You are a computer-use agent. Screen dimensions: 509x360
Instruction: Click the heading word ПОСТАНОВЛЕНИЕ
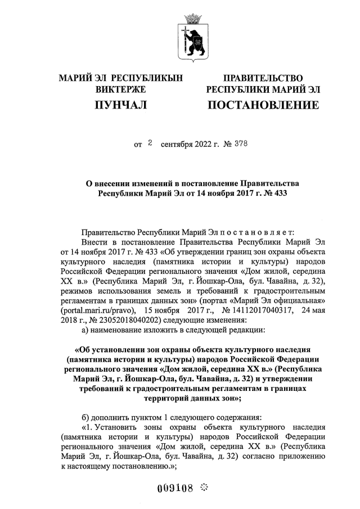(263, 105)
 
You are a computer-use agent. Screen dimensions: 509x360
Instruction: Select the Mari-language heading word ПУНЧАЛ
(120, 105)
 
